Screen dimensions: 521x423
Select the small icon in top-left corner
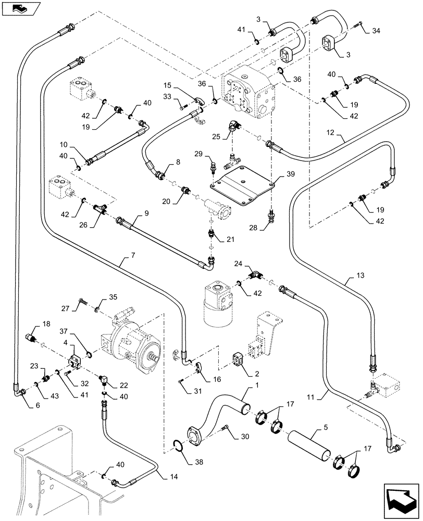coord(19,7)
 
